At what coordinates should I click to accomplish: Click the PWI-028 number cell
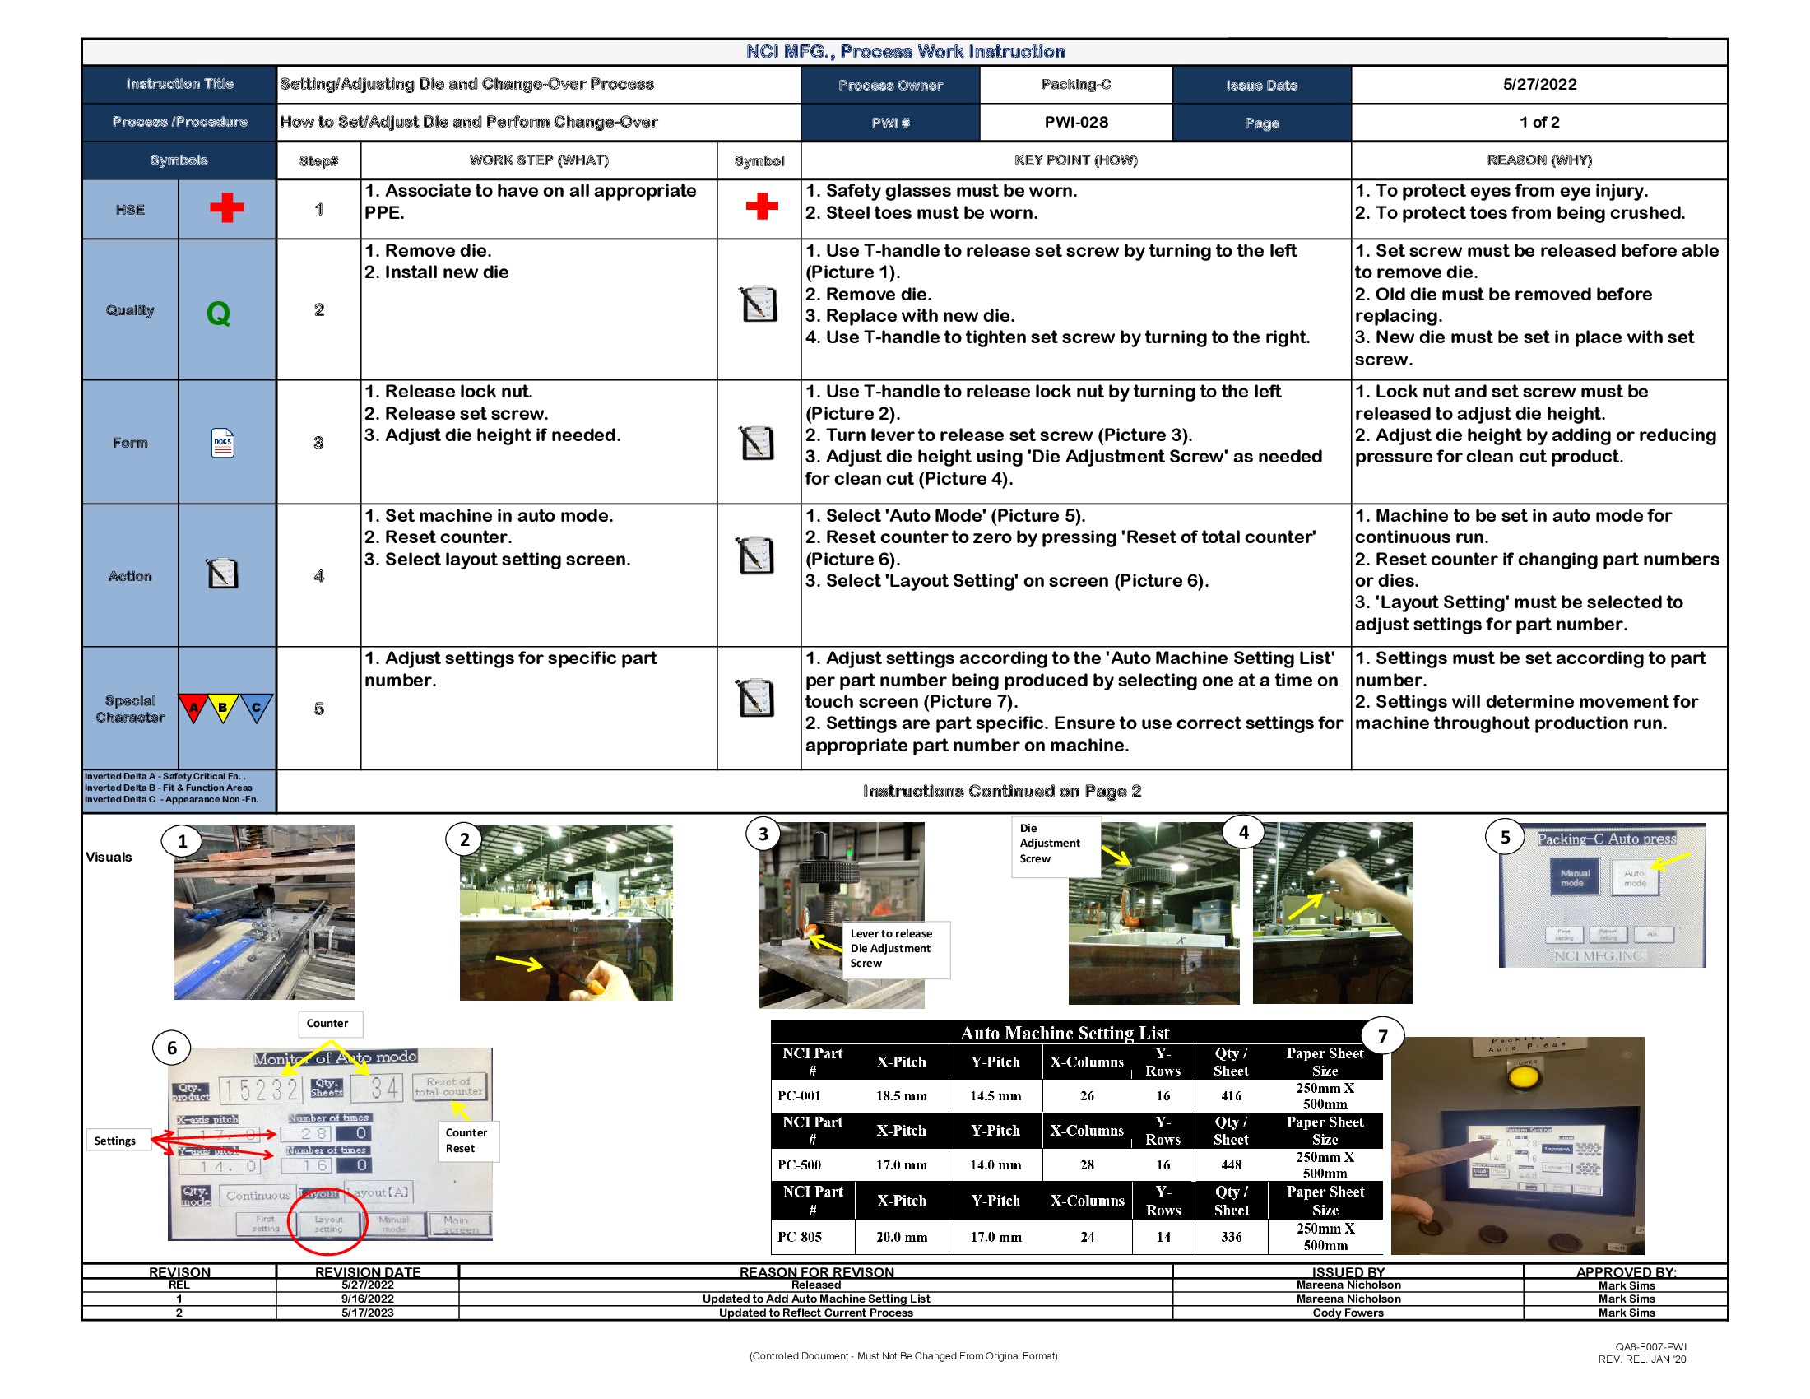click(x=1075, y=122)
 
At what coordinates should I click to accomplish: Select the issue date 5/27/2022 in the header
click(x=1538, y=85)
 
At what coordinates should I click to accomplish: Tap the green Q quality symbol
click(x=218, y=314)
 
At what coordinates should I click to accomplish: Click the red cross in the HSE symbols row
click(x=226, y=208)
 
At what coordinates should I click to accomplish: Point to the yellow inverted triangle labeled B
click(x=222, y=707)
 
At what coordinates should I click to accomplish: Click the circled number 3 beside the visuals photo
click(x=763, y=834)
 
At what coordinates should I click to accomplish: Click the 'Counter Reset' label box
click(x=466, y=1140)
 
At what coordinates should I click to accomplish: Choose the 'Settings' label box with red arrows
click(x=115, y=1141)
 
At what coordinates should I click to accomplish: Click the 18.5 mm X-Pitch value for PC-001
click(x=901, y=1095)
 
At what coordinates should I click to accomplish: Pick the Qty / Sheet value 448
click(x=1231, y=1164)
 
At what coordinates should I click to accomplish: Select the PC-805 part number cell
click(x=800, y=1237)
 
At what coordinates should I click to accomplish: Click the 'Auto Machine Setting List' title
click(x=1064, y=1033)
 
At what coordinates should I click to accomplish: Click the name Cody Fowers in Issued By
click(x=1348, y=1313)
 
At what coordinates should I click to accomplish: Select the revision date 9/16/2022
click(x=367, y=1299)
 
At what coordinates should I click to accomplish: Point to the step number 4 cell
click(x=319, y=575)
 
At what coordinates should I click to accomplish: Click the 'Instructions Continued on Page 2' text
click(x=1001, y=791)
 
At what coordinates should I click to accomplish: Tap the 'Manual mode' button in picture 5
click(x=1574, y=877)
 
